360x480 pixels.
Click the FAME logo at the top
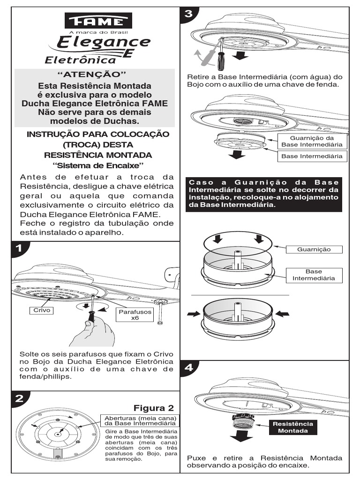(98, 21)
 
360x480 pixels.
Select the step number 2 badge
(19, 399)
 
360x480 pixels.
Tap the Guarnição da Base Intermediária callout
(312, 141)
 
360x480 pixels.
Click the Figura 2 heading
(154, 407)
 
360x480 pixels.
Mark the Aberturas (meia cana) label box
(140, 420)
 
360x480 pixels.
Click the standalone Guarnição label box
(314, 249)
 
